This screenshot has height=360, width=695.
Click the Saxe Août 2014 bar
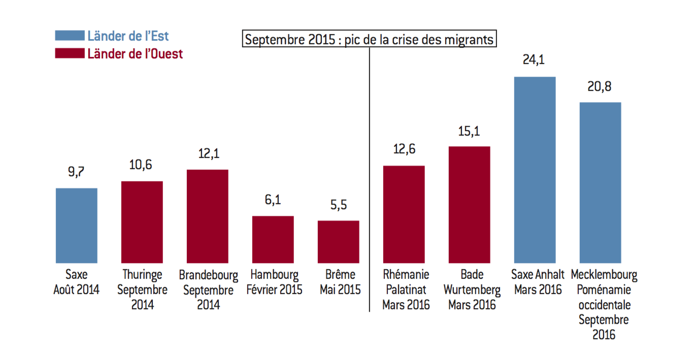click(76, 225)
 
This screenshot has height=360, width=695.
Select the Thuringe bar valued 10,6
click(142, 222)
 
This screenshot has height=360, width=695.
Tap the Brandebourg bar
click(207, 216)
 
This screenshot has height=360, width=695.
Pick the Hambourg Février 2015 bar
click(273, 239)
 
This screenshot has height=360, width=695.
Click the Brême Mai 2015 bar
click(339, 242)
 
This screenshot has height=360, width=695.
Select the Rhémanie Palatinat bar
click(404, 214)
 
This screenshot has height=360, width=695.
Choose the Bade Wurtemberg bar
click(469, 205)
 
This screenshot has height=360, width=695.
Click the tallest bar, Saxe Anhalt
click(535, 170)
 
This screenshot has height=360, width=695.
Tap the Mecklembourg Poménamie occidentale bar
click(600, 182)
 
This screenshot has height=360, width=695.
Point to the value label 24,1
click(535, 59)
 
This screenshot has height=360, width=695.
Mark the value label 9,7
click(76, 172)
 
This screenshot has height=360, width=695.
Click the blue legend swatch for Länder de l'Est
click(70, 36)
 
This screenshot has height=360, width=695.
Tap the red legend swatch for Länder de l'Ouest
click(70, 53)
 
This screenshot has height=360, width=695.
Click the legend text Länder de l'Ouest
click(135, 53)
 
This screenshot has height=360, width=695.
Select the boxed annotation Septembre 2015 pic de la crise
click(369, 40)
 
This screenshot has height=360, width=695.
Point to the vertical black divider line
click(369, 178)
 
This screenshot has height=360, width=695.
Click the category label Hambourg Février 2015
click(274, 282)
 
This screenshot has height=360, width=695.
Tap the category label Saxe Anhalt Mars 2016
click(538, 282)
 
